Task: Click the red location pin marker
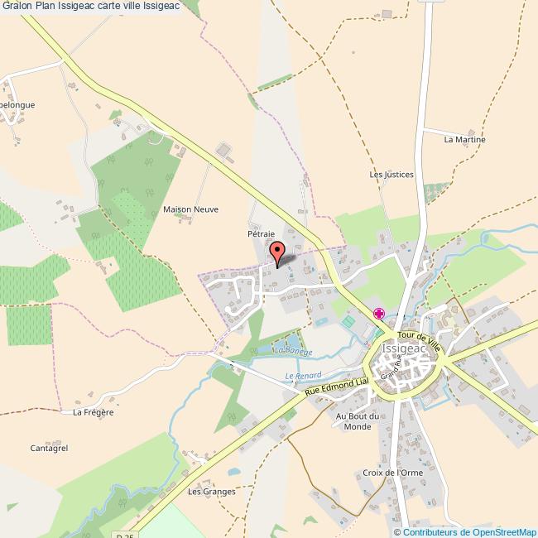pos(277,252)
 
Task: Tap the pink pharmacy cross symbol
pos(379,313)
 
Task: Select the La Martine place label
pos(464,140)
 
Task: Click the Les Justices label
pos(391,175)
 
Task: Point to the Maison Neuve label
pos(191,209)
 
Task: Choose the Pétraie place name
pos(261,235)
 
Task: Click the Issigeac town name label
pos(403,349)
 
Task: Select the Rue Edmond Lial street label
pos(335,388)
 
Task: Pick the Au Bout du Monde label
pos(358,421)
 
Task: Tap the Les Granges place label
pos(212,491)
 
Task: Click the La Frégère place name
pos(93,411)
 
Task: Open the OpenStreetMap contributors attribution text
pos(467,531)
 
